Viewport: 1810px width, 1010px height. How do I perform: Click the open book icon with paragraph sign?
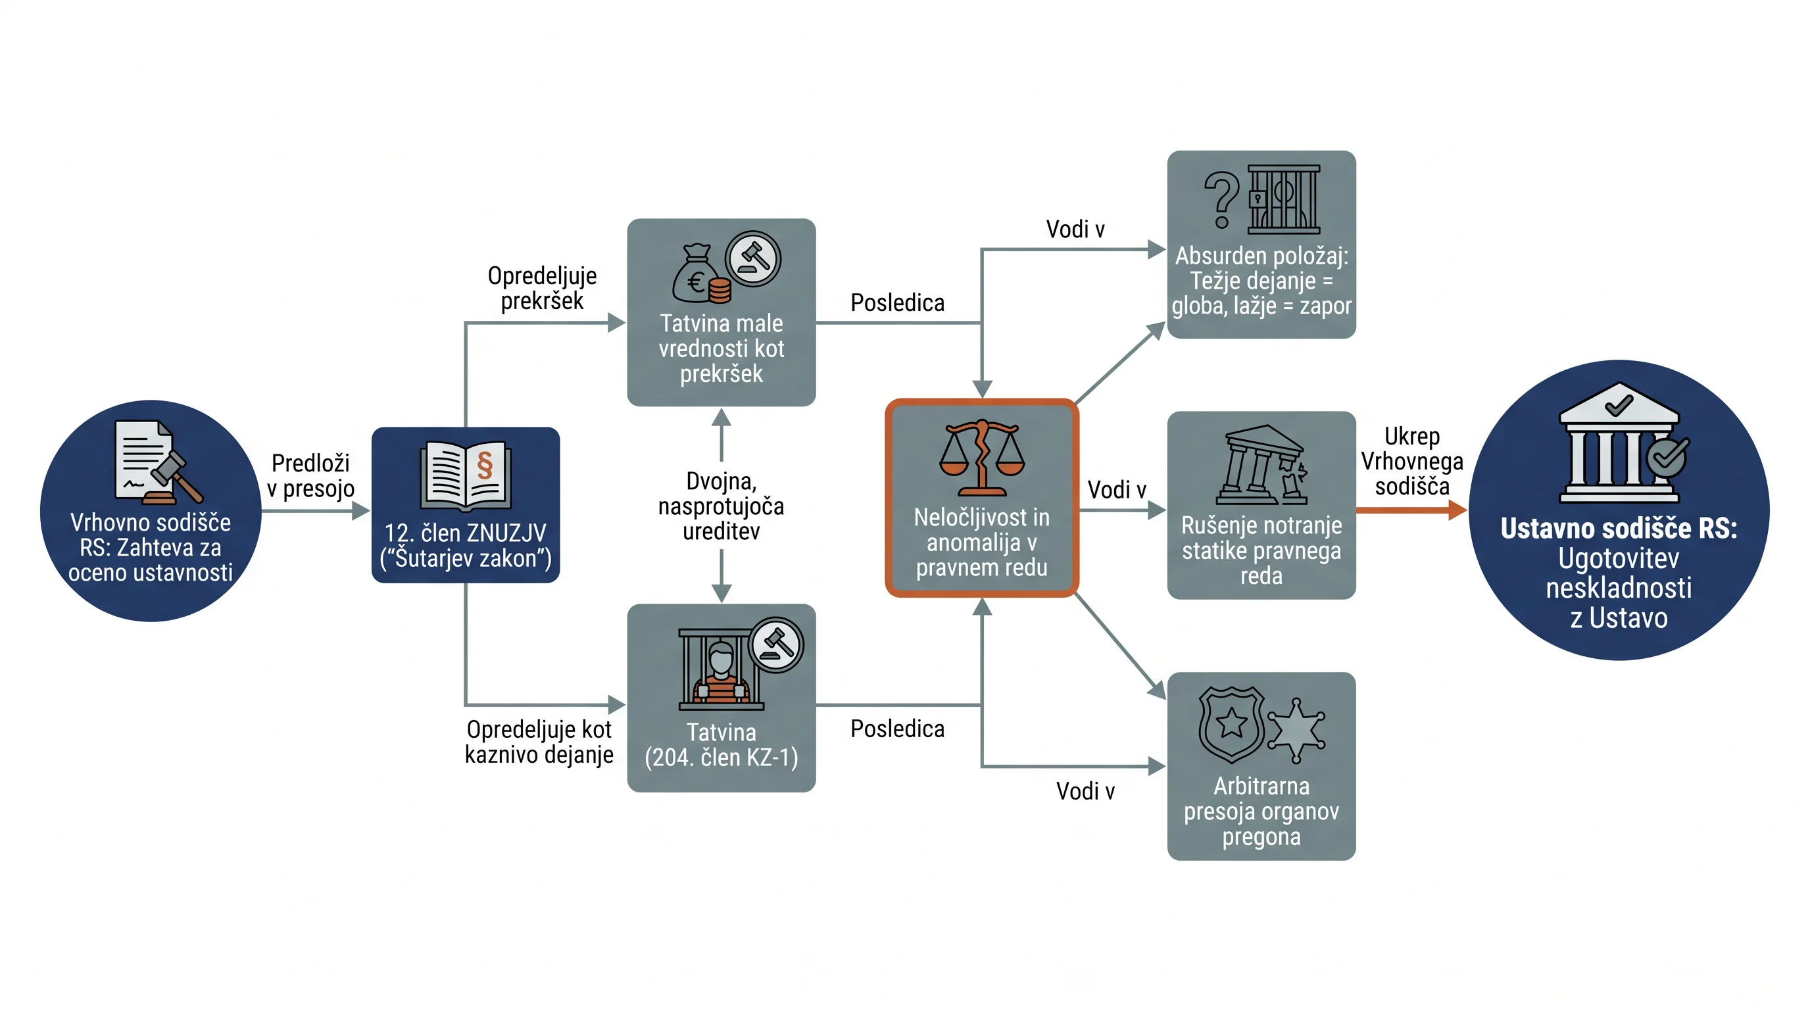tap(465, 475)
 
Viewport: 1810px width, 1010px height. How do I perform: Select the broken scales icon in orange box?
tap(981, 456)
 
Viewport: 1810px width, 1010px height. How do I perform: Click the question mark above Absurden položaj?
tap(1221, 201)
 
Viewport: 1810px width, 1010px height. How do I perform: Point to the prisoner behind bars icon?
tap(721, 669)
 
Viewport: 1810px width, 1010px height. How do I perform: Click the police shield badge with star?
tap(1231, 724)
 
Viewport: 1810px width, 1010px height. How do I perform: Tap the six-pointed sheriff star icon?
tap(1296, 731)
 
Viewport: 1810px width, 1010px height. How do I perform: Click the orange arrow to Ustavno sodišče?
tap(1411, 510)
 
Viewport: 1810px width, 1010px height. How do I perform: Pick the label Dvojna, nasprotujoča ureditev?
tap(721, 506)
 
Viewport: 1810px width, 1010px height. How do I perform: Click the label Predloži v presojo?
tap(310, 475)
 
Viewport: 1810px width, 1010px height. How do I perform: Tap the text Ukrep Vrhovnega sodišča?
tap(1411, 462)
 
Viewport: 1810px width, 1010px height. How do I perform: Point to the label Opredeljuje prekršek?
tap(542, 288)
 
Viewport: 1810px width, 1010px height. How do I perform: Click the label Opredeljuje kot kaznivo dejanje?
tap(539, 742)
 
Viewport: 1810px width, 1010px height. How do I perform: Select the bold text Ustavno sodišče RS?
tap(1618, 528)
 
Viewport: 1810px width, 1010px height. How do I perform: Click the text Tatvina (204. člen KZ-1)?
tap(721, 745)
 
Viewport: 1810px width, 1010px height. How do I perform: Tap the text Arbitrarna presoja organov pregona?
tap(1261, 811)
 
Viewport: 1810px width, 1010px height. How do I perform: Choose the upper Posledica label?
tap(897, 302)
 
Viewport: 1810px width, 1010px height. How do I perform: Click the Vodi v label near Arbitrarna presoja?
tap(1086, 792)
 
